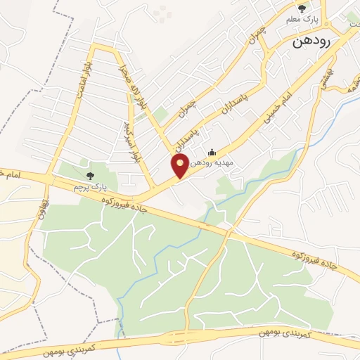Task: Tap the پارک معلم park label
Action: point(302,19)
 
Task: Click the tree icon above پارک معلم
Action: point(302,8)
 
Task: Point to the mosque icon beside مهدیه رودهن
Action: point(212,153)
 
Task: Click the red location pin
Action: point(180,166)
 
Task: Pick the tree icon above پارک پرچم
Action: point(89,176)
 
